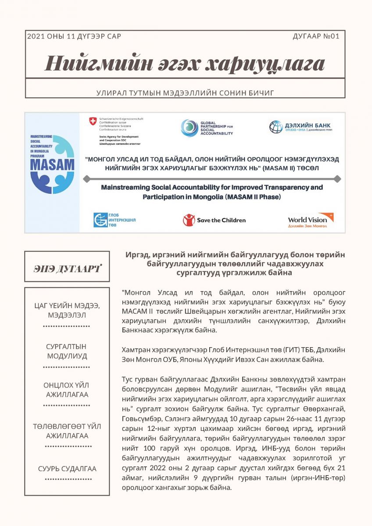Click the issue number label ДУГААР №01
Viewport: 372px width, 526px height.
coord(316,36)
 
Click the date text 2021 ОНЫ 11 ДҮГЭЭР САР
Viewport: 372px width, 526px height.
coord(74,36)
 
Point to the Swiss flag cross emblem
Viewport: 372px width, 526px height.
coord(93,121)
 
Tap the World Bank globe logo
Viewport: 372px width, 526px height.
coord(276,127)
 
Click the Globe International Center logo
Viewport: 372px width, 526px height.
coord(100,220)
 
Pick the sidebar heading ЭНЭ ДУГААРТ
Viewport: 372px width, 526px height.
coord(67,268)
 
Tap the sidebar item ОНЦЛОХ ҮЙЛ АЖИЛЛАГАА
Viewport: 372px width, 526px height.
coord(67,390)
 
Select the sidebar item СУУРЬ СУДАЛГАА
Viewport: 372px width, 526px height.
coord(67,469)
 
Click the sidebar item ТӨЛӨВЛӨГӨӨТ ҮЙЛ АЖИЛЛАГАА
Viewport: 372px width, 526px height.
coord(67,431)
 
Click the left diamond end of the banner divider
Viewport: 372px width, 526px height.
coord(86,178)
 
